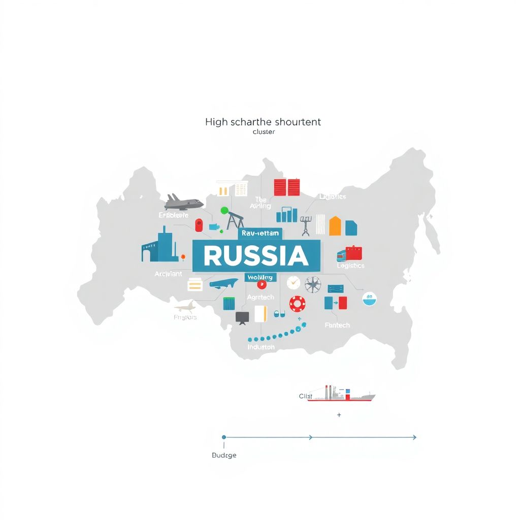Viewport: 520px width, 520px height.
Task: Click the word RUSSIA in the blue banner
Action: [x=256, y=256]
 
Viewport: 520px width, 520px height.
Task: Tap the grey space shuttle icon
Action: [x=184, y=202]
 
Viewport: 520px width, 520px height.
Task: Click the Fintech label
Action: [x=337, y=325]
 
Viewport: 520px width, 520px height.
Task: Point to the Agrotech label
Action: [x=260, y=297]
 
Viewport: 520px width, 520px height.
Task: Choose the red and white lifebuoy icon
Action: [x=297, y=304]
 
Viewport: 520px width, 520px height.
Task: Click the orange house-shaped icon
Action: [x=335, y=226]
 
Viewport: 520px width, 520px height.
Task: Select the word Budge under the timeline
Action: [x=224, y=455]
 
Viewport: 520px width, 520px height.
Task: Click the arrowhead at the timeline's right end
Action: [x=414, y=437]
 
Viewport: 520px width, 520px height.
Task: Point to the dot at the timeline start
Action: [x=224, y=437]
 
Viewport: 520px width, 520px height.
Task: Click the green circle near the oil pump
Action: [x=224, y=210]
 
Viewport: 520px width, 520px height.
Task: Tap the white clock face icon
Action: [x=294, y=283]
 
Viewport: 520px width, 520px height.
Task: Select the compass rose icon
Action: [x=312, y=284]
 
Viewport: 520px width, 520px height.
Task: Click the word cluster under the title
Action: [x=263, y=132]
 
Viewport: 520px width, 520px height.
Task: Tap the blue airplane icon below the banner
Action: [x=223, y=283]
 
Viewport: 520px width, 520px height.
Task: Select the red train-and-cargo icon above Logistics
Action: [x=350, y=253]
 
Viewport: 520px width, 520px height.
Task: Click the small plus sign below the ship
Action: [x=339, y=415]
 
